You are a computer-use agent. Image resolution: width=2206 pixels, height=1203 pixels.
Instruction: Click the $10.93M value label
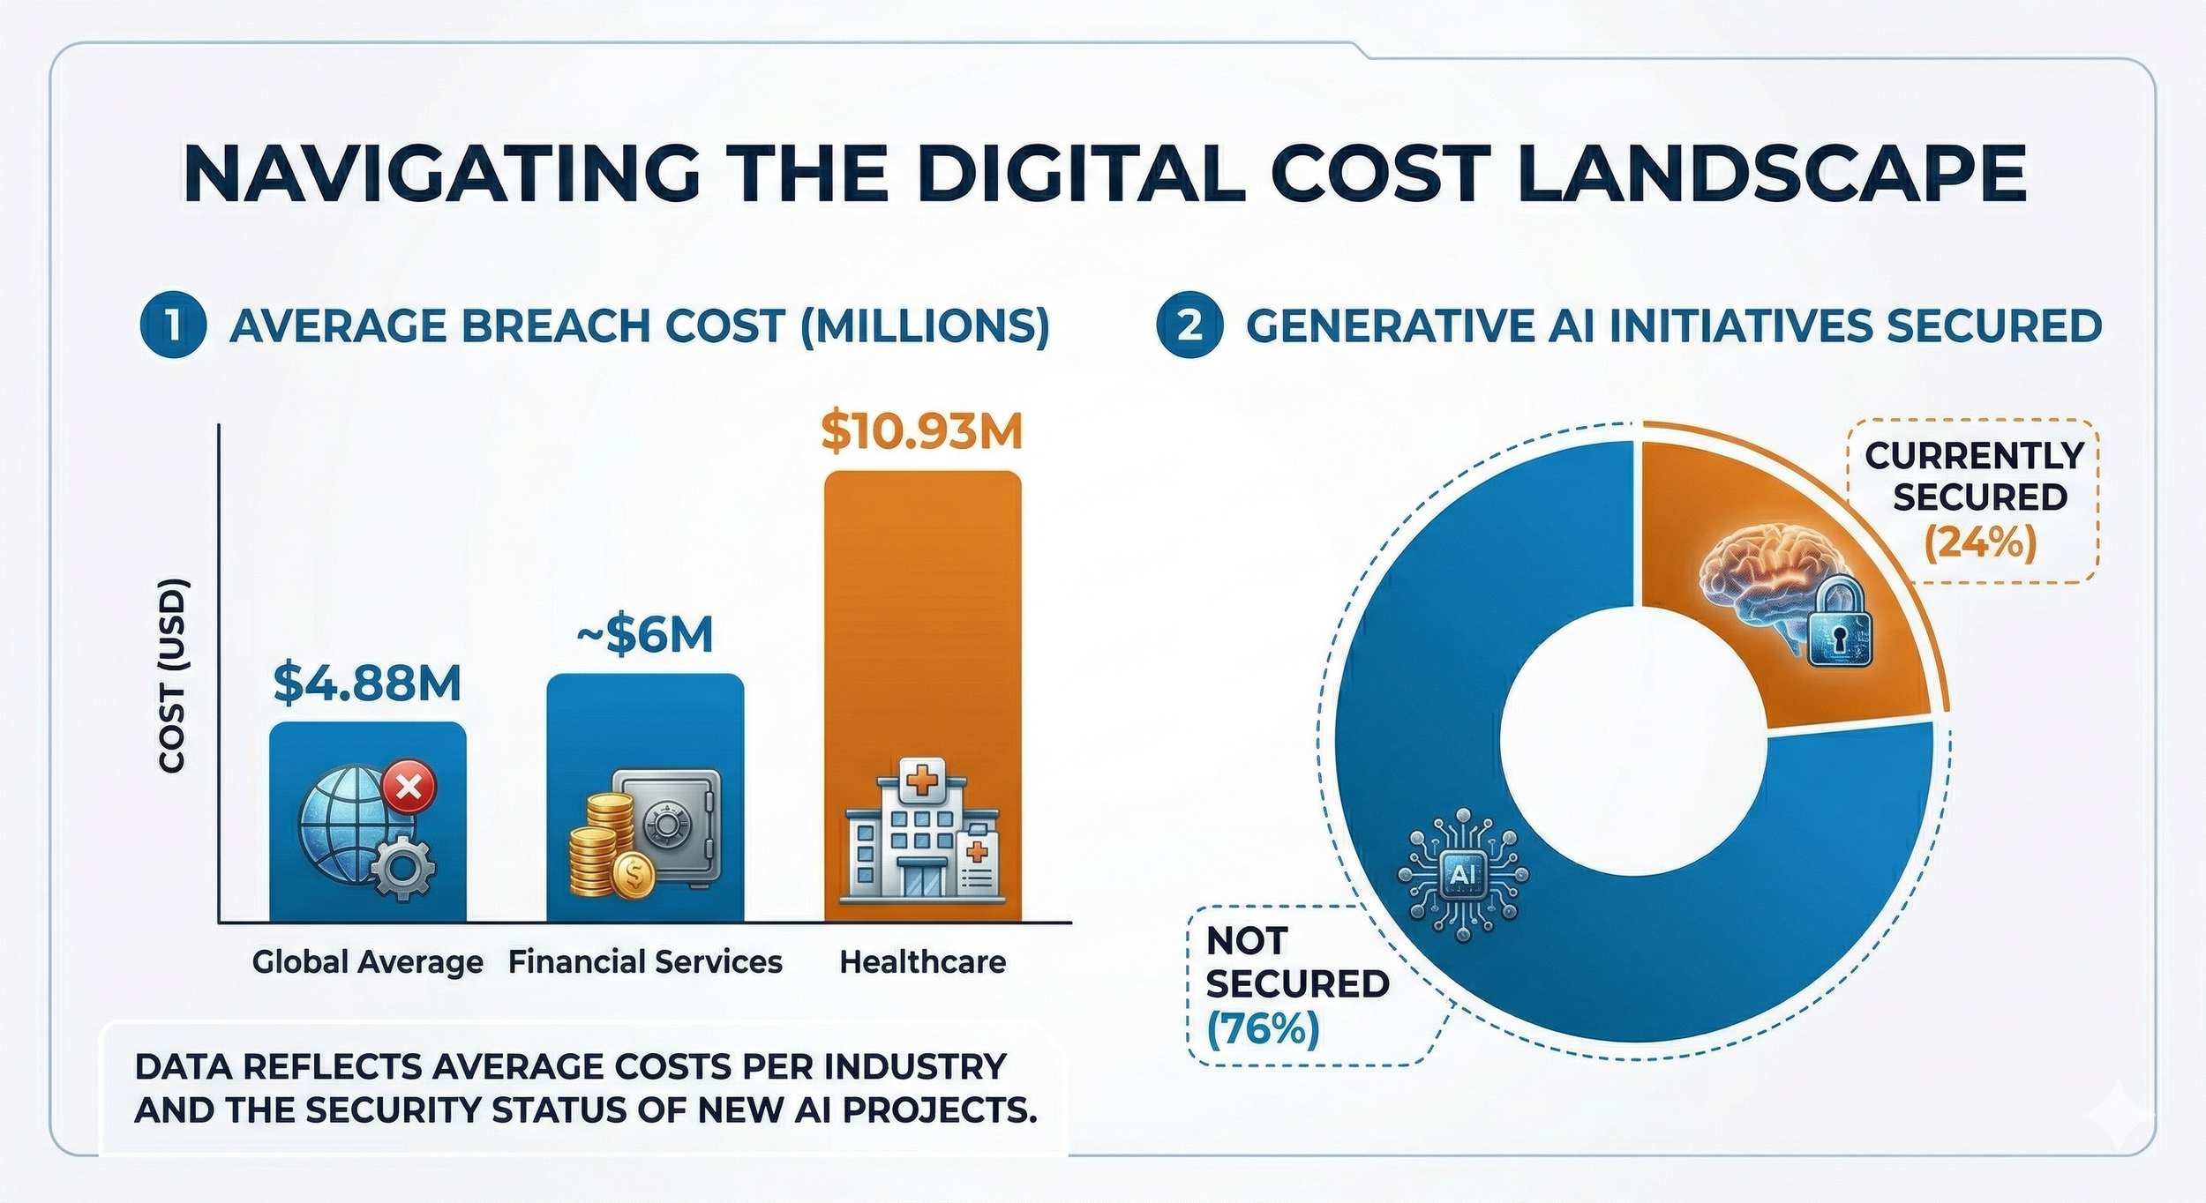(921, 432)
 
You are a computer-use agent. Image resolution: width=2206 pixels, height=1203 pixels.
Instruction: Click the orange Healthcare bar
(922, 617)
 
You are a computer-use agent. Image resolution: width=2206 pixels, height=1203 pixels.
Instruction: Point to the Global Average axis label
(367, 961)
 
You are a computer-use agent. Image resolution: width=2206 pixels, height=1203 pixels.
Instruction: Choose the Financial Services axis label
(645, 961)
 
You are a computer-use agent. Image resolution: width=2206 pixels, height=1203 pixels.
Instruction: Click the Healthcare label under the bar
(922, 961)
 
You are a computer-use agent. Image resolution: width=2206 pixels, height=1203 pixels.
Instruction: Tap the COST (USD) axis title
(173, 675)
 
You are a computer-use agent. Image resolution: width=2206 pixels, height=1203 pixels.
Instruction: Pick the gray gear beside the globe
(402, 868)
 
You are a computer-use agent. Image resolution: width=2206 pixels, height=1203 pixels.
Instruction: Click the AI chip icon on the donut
(1462, 874)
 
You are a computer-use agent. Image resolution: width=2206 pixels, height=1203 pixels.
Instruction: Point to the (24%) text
(1979, 543)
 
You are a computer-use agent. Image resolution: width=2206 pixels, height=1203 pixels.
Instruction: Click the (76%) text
(1263, 1028)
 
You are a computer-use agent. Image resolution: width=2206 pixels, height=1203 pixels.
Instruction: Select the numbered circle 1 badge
(174, 325)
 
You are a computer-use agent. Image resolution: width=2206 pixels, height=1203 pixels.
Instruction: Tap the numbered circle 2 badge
(1189, 325)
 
